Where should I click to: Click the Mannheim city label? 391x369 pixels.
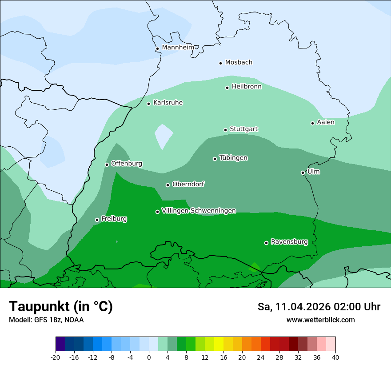(178, 48)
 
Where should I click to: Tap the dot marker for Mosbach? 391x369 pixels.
(220, 63)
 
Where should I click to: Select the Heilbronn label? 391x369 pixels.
(247, 87)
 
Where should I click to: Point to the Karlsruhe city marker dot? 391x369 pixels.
(148, 104)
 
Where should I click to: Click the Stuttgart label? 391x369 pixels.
(243, 129)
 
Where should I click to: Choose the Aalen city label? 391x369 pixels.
(326, 122)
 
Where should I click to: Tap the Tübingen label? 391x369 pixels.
(233, 158)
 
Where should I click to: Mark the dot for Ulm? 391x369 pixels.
(303, 172)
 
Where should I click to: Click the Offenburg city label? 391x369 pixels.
(127, 164)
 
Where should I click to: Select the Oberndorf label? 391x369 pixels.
(188, 184)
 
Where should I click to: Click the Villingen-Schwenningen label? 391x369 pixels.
(199, 211)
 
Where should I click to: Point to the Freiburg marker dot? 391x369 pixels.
(97, 220)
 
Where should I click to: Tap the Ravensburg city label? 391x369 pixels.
(289, 242)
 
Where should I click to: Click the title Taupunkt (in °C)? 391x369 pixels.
(61, 306)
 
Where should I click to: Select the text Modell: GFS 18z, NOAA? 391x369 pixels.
(46, 320)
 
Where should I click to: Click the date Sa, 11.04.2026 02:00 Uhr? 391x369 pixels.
(319, 307)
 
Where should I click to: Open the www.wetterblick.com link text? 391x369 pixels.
(320, 320)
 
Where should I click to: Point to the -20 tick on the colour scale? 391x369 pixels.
(56, 357)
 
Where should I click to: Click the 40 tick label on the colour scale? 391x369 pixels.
(335, 357)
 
